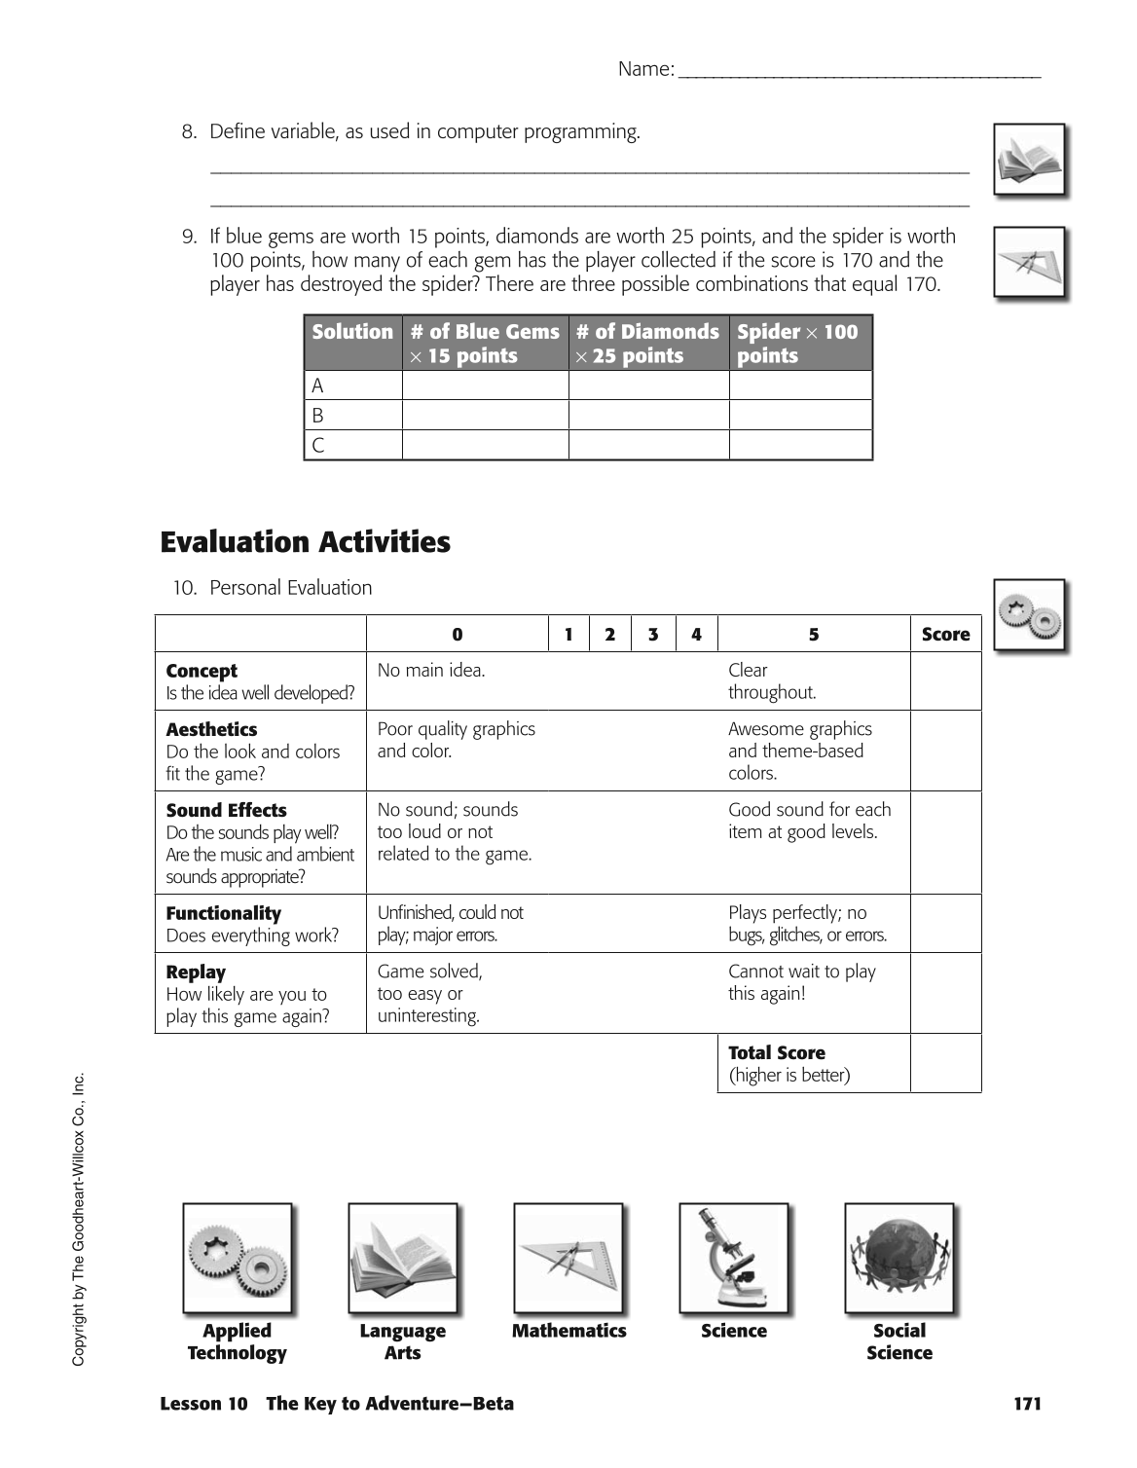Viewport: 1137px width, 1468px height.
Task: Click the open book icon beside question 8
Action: tap(1029, 160)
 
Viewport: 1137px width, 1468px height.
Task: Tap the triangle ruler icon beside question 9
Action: tap(1029, 262)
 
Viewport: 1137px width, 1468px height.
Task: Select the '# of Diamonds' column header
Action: tap(648, 343)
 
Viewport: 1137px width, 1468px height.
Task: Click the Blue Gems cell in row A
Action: tap(485, 385)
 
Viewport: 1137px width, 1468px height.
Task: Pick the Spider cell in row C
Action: tap(800, 445)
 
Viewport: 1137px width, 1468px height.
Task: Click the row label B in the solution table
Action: tap(318, 416)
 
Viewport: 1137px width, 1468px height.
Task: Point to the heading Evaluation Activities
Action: tap(305, 542)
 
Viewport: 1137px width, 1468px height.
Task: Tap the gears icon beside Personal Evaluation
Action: tap(1029, 615)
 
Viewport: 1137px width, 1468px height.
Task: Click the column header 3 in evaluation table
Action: tap(652, 635)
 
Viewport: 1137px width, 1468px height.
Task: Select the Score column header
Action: tap(945, 635)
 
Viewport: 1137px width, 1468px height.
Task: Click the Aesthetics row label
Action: tap(211, 730)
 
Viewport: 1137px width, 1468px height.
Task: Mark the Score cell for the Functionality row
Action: tap(945, 924)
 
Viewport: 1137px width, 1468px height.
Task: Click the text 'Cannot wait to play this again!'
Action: tap(801, 982)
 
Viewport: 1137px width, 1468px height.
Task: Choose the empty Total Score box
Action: tap(945, 1063)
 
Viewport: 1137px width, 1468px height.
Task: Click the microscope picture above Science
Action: tap(733, 1258)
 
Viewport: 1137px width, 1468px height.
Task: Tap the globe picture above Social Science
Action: tap(899, 1258)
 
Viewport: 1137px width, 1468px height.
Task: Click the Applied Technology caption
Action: tap(237, 1341)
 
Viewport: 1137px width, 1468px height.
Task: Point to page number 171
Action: tap(1027, 1404)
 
